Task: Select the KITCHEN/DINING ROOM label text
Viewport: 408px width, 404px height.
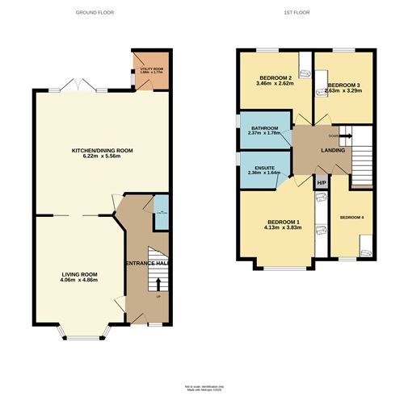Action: [102, 151]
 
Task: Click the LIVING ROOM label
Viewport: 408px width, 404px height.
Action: [78, 274]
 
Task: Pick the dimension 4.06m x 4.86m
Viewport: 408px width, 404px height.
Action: [78, 281]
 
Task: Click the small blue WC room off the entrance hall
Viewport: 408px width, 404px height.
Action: [160, 211]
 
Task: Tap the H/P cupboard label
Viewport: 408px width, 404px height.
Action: [321, 184]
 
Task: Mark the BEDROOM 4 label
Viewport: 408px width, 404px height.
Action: [352, 218]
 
